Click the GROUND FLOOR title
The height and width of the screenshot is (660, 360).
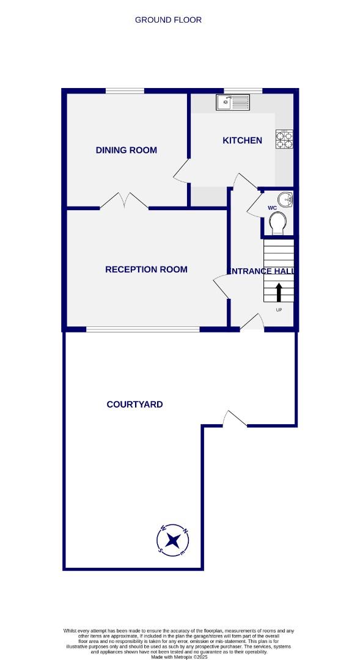(x=168, y=20)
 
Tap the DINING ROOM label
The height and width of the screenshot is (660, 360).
(x=127, y=150)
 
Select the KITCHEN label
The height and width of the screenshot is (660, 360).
(x=242, y=141)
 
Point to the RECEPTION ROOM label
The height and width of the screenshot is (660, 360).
(x=146, y=269)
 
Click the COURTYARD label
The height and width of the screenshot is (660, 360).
(x=134, y=405)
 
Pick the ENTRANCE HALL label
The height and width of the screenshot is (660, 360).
(x=261, y=271)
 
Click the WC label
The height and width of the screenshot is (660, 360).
(x=272, y=208)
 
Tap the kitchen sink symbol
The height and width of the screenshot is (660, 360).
(x=232, y=102)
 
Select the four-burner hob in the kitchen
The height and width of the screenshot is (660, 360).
(x=284, y=139)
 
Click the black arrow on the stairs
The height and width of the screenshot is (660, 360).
(x=279, y=291)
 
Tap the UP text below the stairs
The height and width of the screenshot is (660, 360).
(x=279, y=310)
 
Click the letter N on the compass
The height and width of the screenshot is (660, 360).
(x=185, y=530)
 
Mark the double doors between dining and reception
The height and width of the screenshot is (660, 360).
(x=124, y=201)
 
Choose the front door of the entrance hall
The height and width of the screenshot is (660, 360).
(x=252, y=323)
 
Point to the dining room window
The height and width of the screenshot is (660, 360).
(x=125, y=91)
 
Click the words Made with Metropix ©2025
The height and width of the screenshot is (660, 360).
(x=180, y=657)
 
